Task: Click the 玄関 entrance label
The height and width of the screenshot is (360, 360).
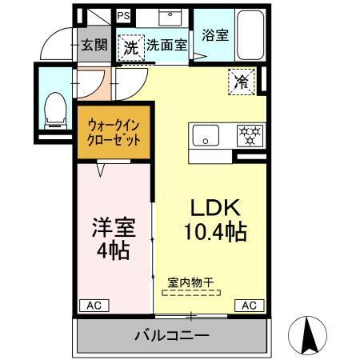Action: pos(94,46)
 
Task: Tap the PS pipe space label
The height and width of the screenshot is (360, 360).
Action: pos(124,15)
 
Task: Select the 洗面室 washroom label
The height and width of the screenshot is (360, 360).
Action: pos(166,46)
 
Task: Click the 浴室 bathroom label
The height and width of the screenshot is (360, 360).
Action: pos(214,35)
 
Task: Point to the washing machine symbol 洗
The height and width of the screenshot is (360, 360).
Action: pos(130,46)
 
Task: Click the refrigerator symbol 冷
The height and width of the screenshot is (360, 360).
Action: pos(240,80)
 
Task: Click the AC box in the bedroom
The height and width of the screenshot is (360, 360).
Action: pos(94,305)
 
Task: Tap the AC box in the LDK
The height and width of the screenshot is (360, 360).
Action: pos(250,305)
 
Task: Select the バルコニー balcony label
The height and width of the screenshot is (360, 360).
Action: pos(170,334)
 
